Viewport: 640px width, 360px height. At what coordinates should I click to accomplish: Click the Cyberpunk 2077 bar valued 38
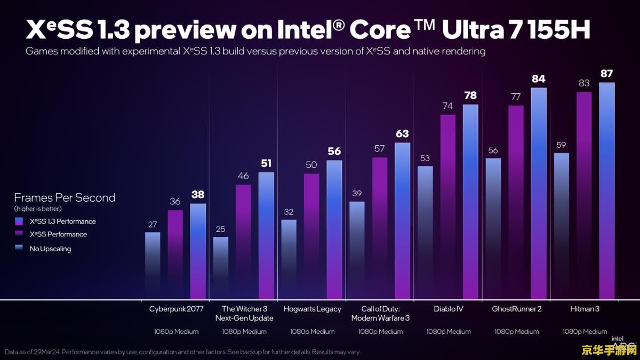point(198,251)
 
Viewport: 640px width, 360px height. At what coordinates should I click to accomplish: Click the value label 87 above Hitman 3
point(606,74)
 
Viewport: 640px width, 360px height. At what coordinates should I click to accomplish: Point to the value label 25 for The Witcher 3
point(221,229)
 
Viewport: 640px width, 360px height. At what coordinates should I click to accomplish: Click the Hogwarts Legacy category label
point(312,309)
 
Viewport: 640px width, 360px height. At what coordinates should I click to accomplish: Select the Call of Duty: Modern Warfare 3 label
point(380,314)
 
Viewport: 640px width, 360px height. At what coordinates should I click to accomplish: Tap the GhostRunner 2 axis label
point(516,309)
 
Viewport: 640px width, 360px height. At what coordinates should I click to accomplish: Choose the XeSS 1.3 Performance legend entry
point(63,221)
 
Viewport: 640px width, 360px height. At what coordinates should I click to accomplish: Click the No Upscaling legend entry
point(51,249)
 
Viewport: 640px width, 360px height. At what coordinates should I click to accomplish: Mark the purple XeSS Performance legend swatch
point(19,235)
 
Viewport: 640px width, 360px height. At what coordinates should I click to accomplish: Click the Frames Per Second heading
point(65,198)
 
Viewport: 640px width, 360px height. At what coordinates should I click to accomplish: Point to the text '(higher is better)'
point(38,209)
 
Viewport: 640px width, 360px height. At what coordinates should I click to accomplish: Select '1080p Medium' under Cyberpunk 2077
point(176,332)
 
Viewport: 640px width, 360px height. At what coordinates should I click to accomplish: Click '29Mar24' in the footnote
point(45,352)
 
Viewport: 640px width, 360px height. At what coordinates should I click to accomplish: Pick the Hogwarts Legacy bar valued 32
point(289,259)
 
